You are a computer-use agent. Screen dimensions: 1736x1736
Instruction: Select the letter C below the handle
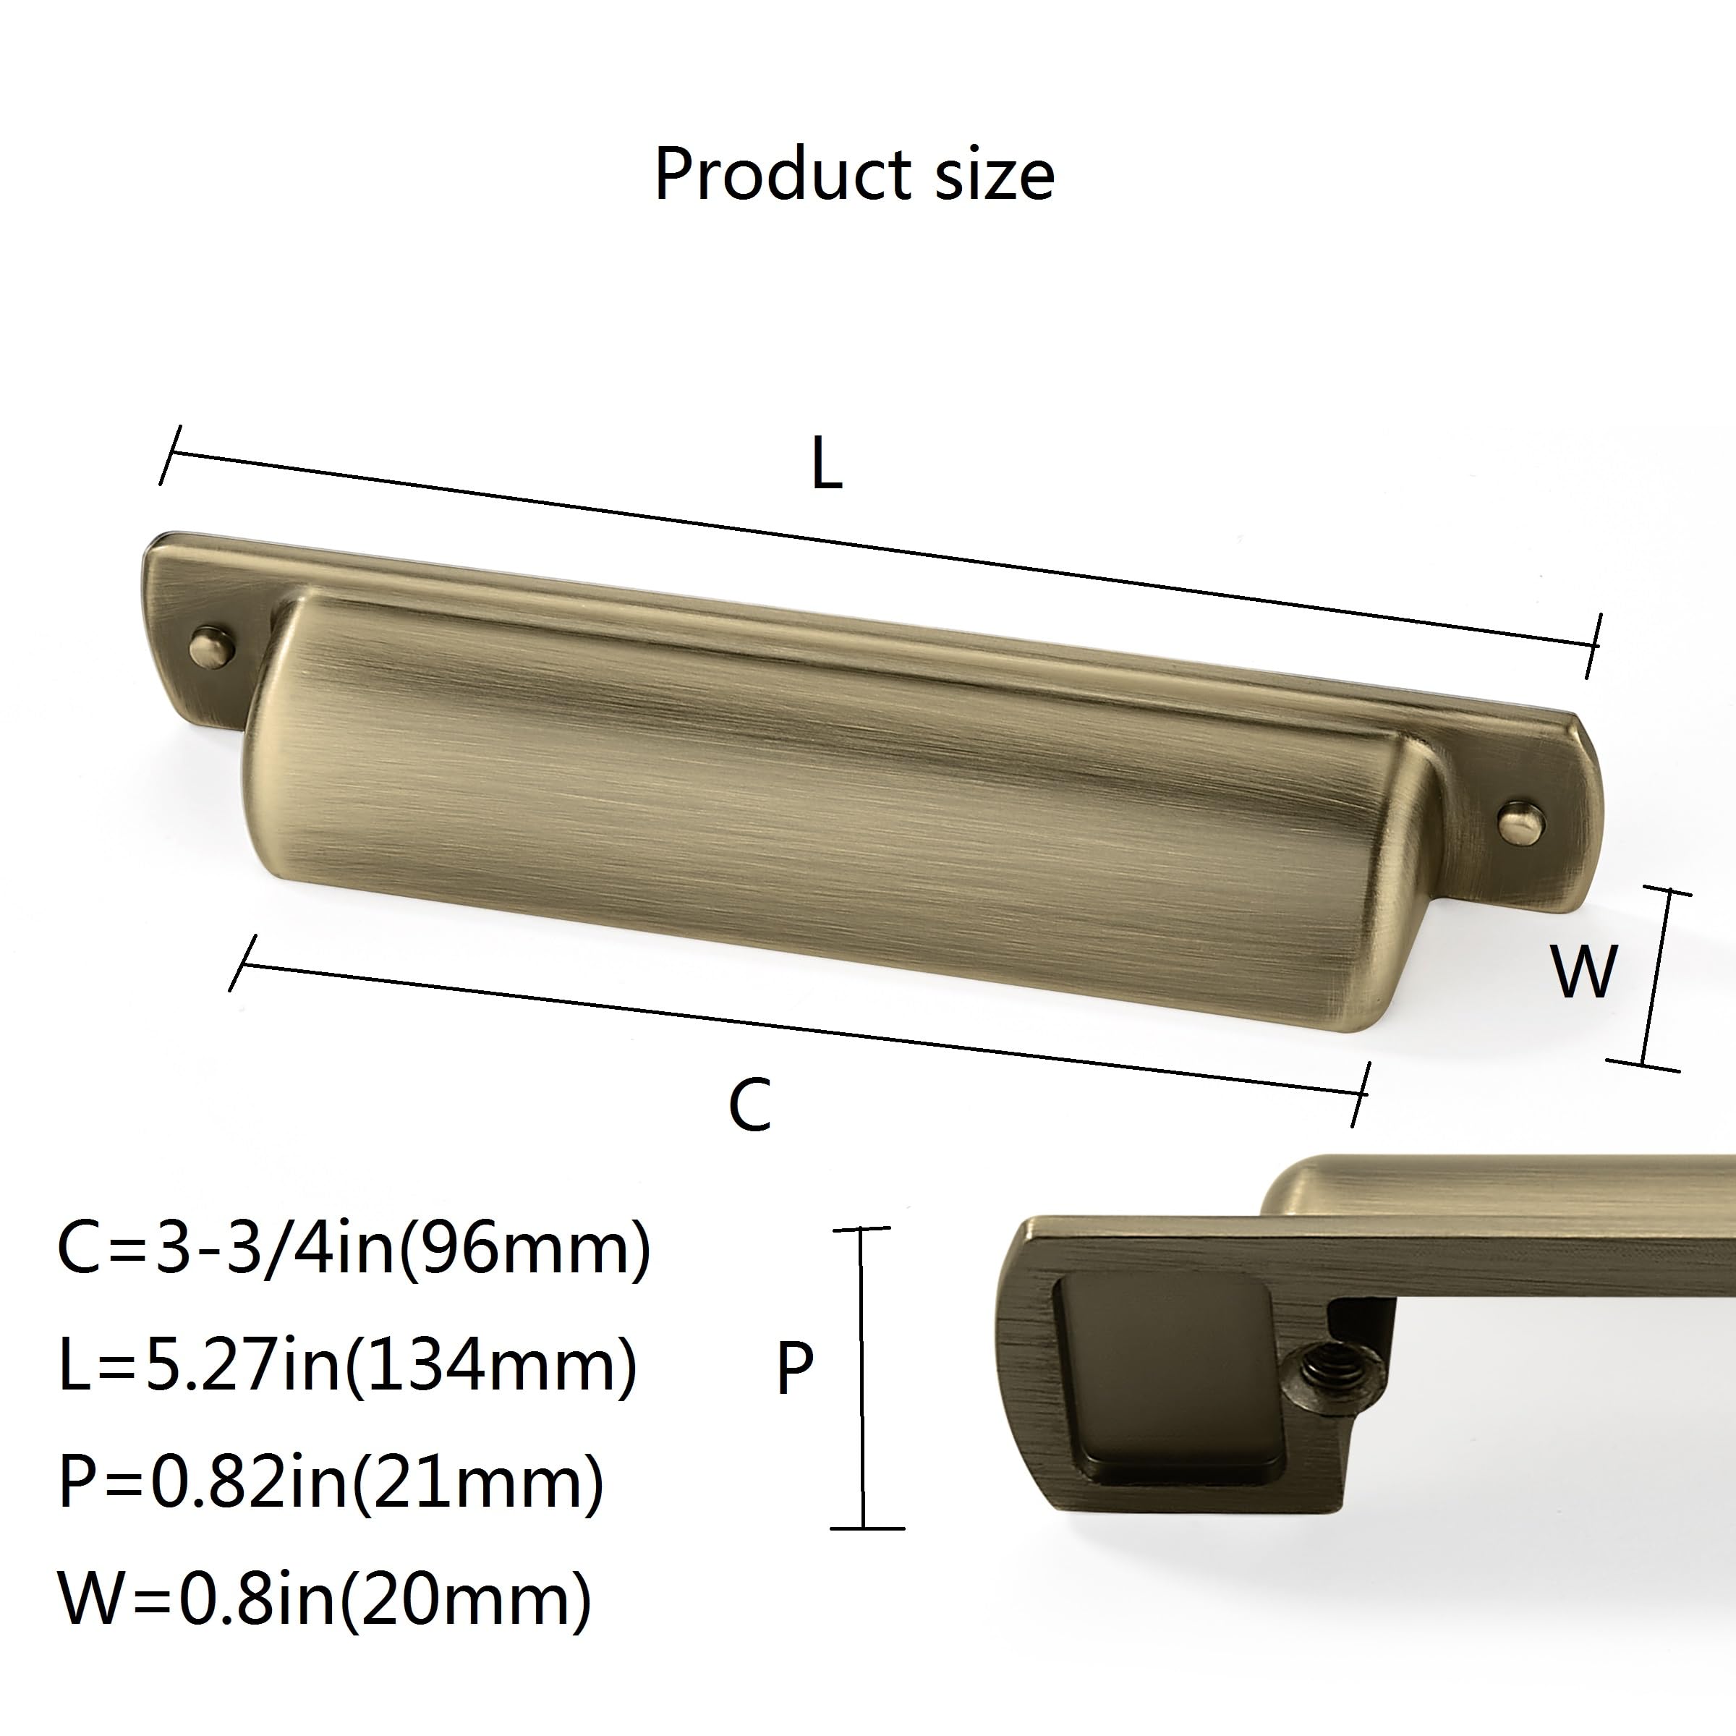(x=749, y=1105)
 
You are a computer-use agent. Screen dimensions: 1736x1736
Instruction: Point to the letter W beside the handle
(x=1584, y=971)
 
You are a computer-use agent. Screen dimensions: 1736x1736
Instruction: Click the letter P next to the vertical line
(x=794, y=1369)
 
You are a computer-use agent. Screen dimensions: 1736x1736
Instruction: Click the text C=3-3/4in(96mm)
(x=354, y=1250)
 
